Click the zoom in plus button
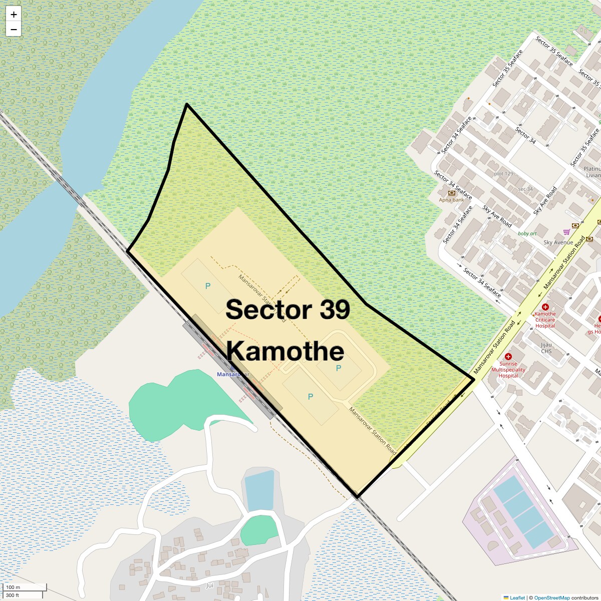[14, 15]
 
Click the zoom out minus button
[14, 30]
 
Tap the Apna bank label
[451, 200]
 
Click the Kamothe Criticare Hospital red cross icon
[545, 307]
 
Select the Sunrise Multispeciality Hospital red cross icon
[508, 357]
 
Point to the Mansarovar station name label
[233, 375]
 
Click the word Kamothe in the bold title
[285, 351]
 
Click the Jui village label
[209, 585]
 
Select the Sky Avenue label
[558, 242]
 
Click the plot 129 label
[503, 174]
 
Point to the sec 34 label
[525, 189]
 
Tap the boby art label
[527, 233]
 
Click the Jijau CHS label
[546, 348]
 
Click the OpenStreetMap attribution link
[551, 597]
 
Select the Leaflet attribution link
[517, 597]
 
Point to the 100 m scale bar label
[13, 587]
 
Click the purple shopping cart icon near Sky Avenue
[566, 232]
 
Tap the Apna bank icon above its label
[452, 193]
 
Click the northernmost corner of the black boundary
[187, 104]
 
